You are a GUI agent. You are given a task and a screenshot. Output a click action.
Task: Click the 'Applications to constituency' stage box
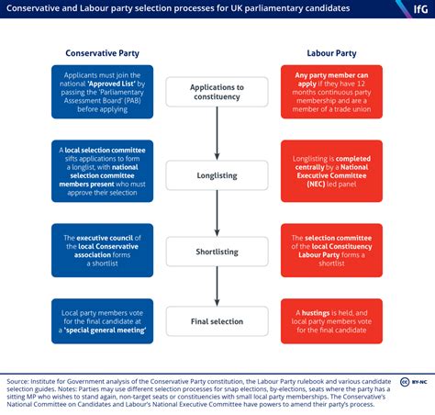pyautogui.click(x=217, y=92)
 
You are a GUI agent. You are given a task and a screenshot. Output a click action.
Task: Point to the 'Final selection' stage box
pyautogui.click(x=217, y=321)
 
